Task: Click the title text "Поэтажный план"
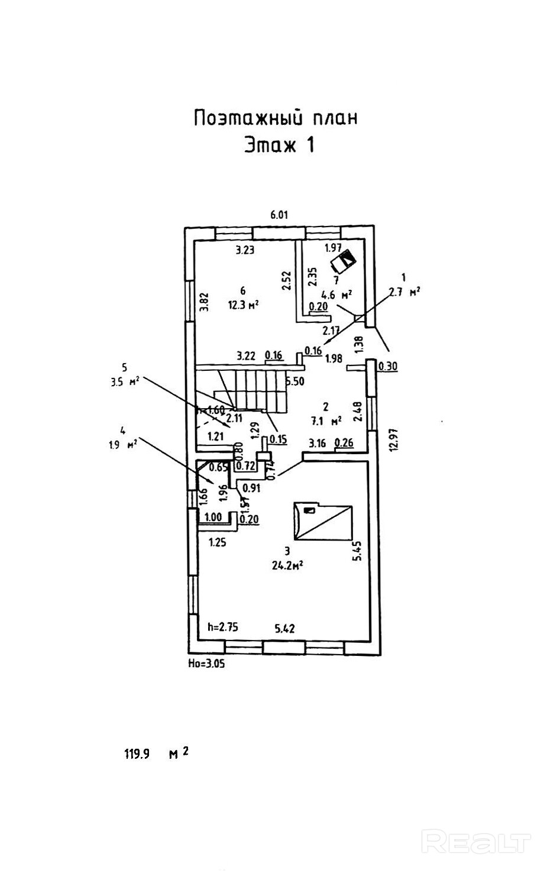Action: point(276,118)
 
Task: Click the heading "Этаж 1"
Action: point(279,145)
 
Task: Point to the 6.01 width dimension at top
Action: point(279,215)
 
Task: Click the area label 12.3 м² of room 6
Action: point(244,305)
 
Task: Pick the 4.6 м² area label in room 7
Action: point(337,293)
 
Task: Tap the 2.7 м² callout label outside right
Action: point(404,290)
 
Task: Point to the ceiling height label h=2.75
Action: point(222,628)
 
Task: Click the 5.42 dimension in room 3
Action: point(285,628)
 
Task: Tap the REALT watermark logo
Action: point(477,841)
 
